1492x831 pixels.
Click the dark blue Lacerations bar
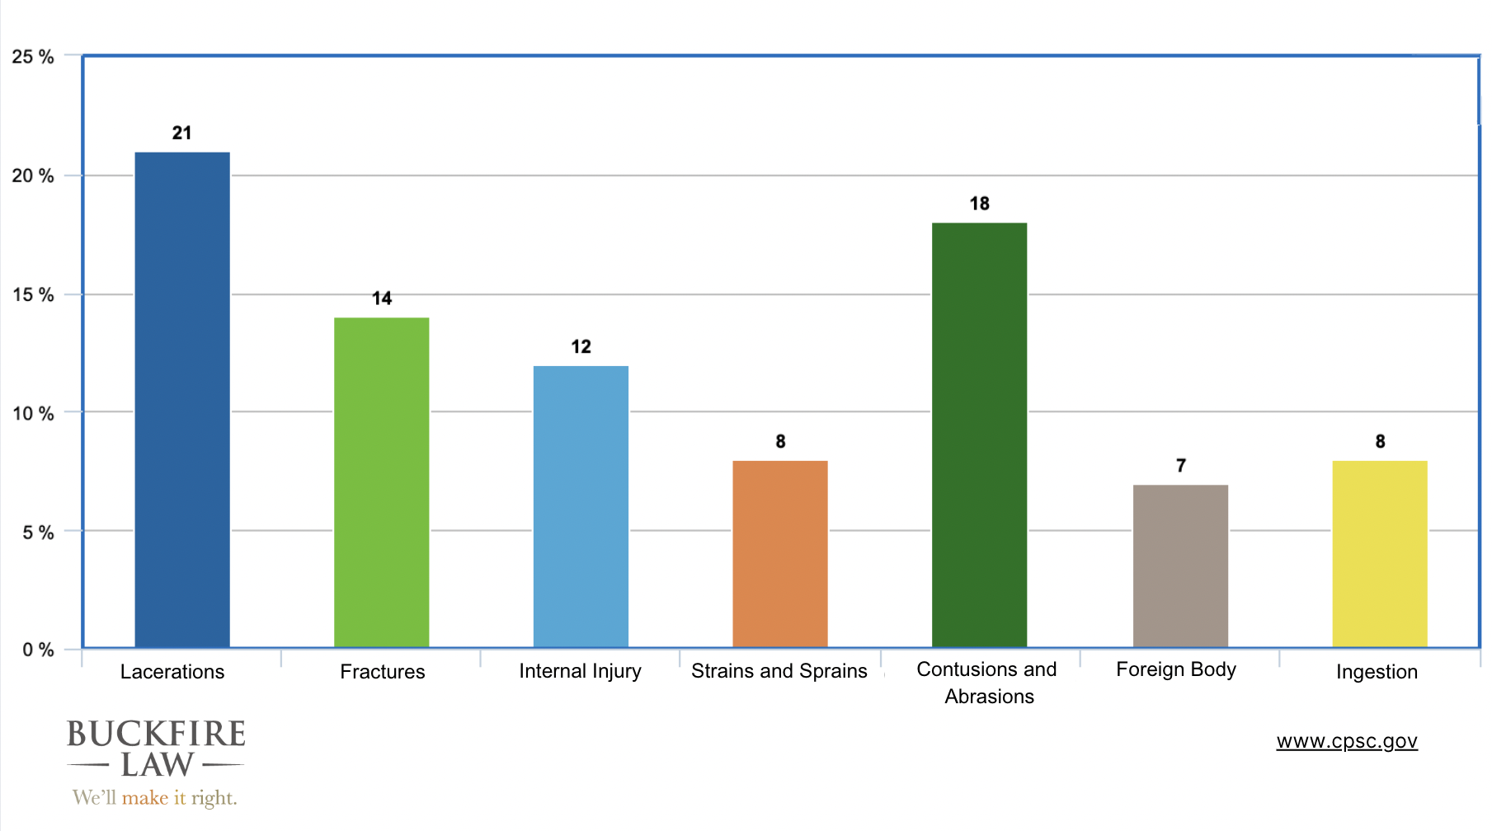point(182,400)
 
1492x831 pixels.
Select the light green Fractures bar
point(381,482)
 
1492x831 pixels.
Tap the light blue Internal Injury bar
point(581,506)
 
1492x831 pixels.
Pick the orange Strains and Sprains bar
point(779,554)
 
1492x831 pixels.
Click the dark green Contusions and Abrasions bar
point(979,435)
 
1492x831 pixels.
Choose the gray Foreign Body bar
point(1180,566)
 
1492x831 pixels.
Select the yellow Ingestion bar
point(1379,554)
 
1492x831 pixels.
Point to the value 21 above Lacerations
point(181,133)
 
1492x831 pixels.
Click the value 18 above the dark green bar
point(979,204)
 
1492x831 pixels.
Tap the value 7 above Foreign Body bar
point(1180,466)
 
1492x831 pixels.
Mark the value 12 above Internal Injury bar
point(581,347)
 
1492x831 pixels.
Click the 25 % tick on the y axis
point(33,57)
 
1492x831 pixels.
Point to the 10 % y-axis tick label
point(33,413)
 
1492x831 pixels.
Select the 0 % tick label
point(38,650)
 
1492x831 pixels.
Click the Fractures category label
point(382,672)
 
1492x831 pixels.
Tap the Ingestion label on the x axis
point(1377,672)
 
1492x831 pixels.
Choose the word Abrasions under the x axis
point(989,697)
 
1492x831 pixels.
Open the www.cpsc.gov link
point(1346,741)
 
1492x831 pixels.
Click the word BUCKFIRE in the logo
point(156,734)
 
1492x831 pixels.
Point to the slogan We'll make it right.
point(154,797)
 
